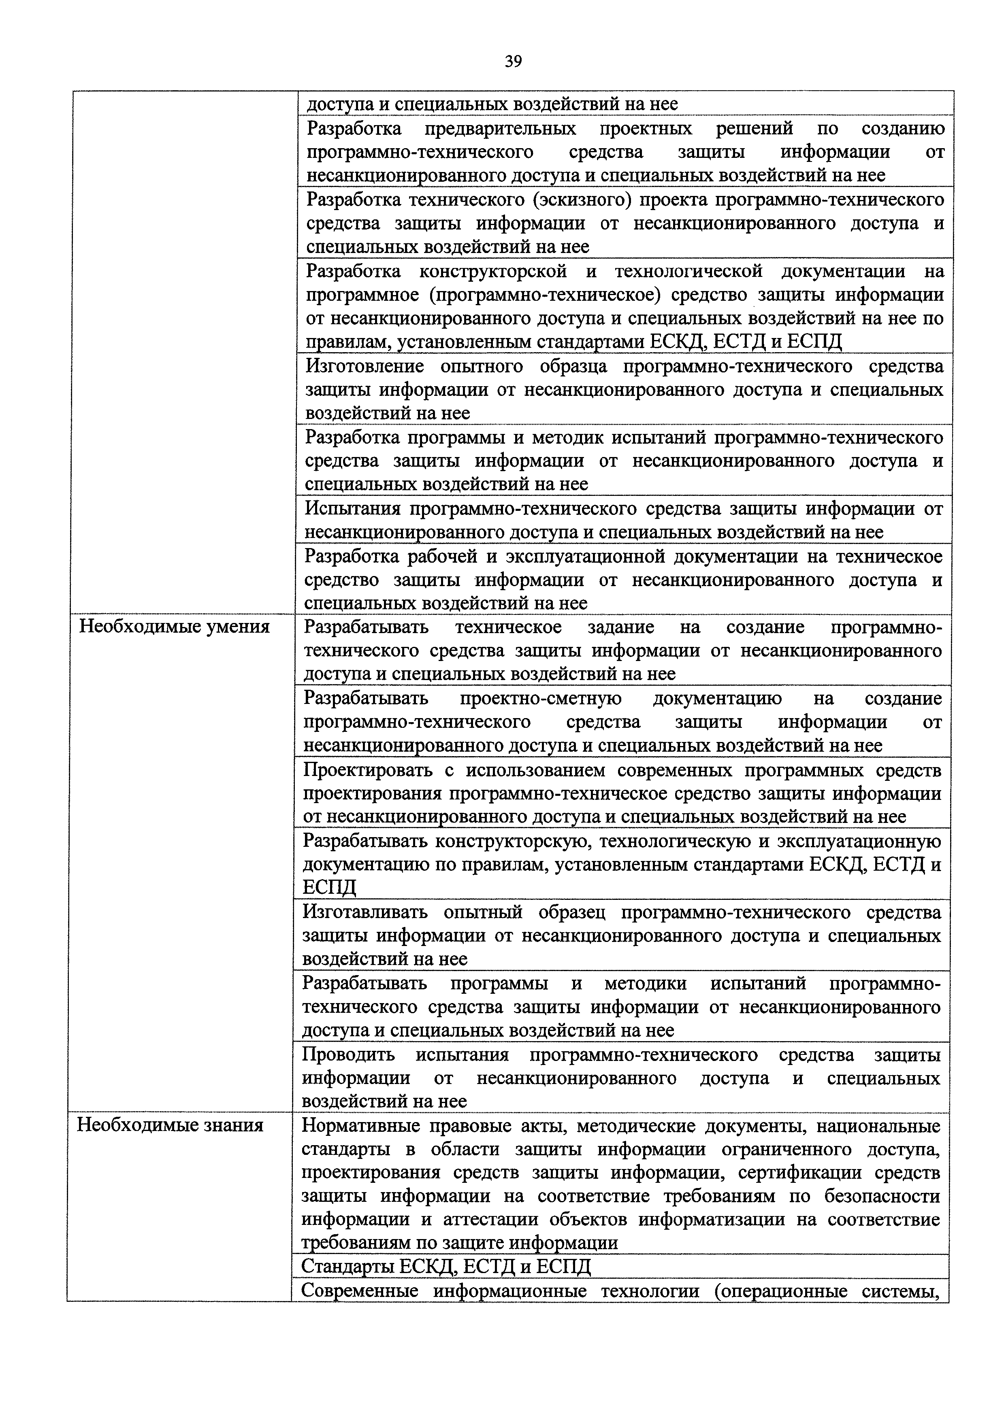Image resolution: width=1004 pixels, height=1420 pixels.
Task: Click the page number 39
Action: [513, 61]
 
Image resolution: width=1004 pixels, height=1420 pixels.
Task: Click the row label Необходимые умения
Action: [175, 627]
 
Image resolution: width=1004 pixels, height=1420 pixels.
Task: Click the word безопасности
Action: [882, 1196]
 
